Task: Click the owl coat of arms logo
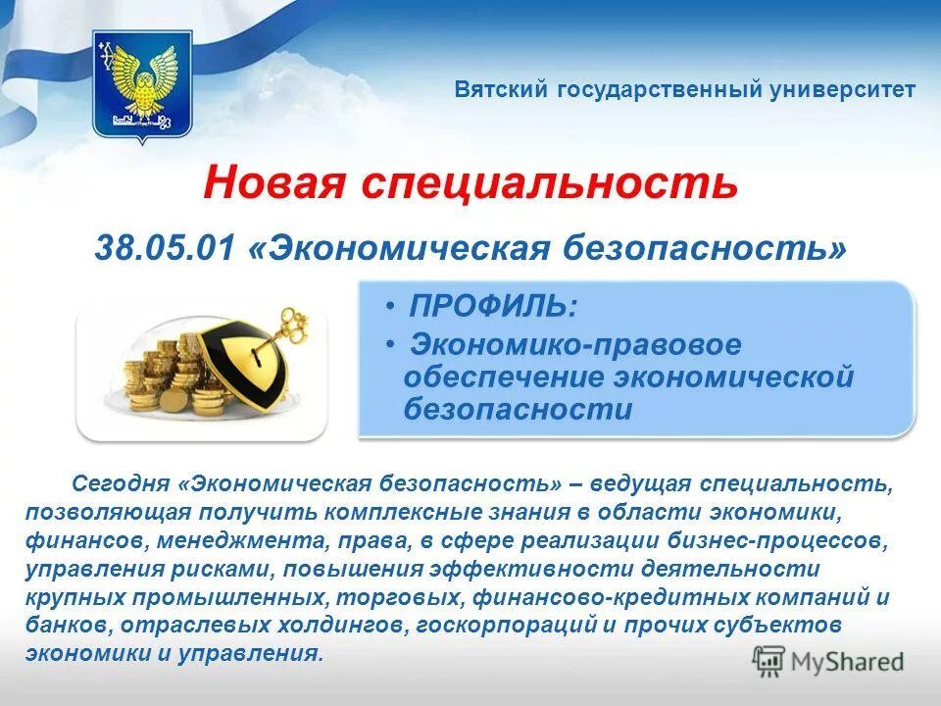coord(141,86)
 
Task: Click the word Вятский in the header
coord(502,90)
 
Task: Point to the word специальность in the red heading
coord(550,182)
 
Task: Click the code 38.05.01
coord(165,247)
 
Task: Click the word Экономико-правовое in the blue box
coord(575,344)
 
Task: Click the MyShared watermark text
coord(846,662)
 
